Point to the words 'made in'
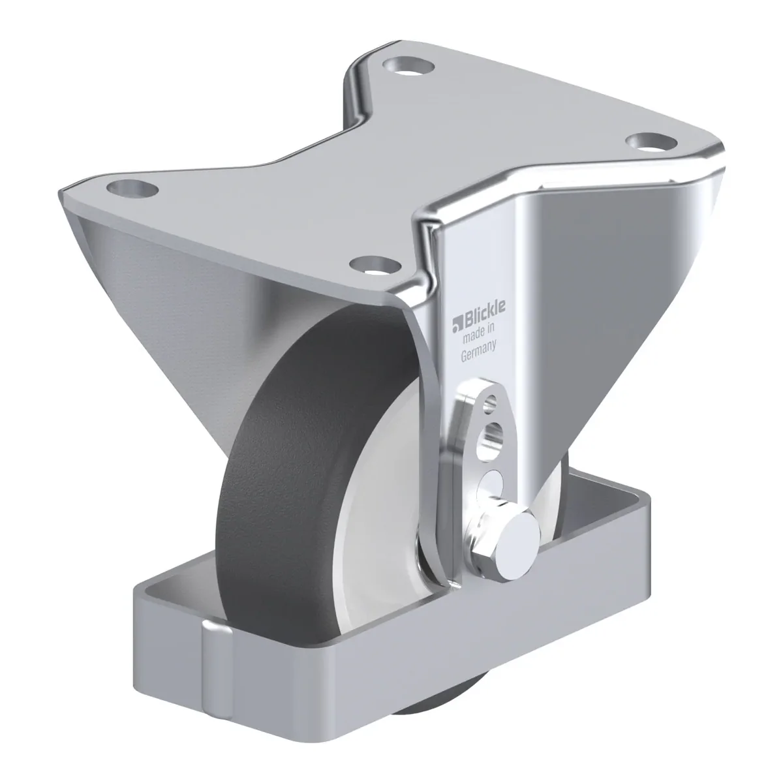(x=479, y=335)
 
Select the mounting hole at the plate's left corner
(x=132, y=189)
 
